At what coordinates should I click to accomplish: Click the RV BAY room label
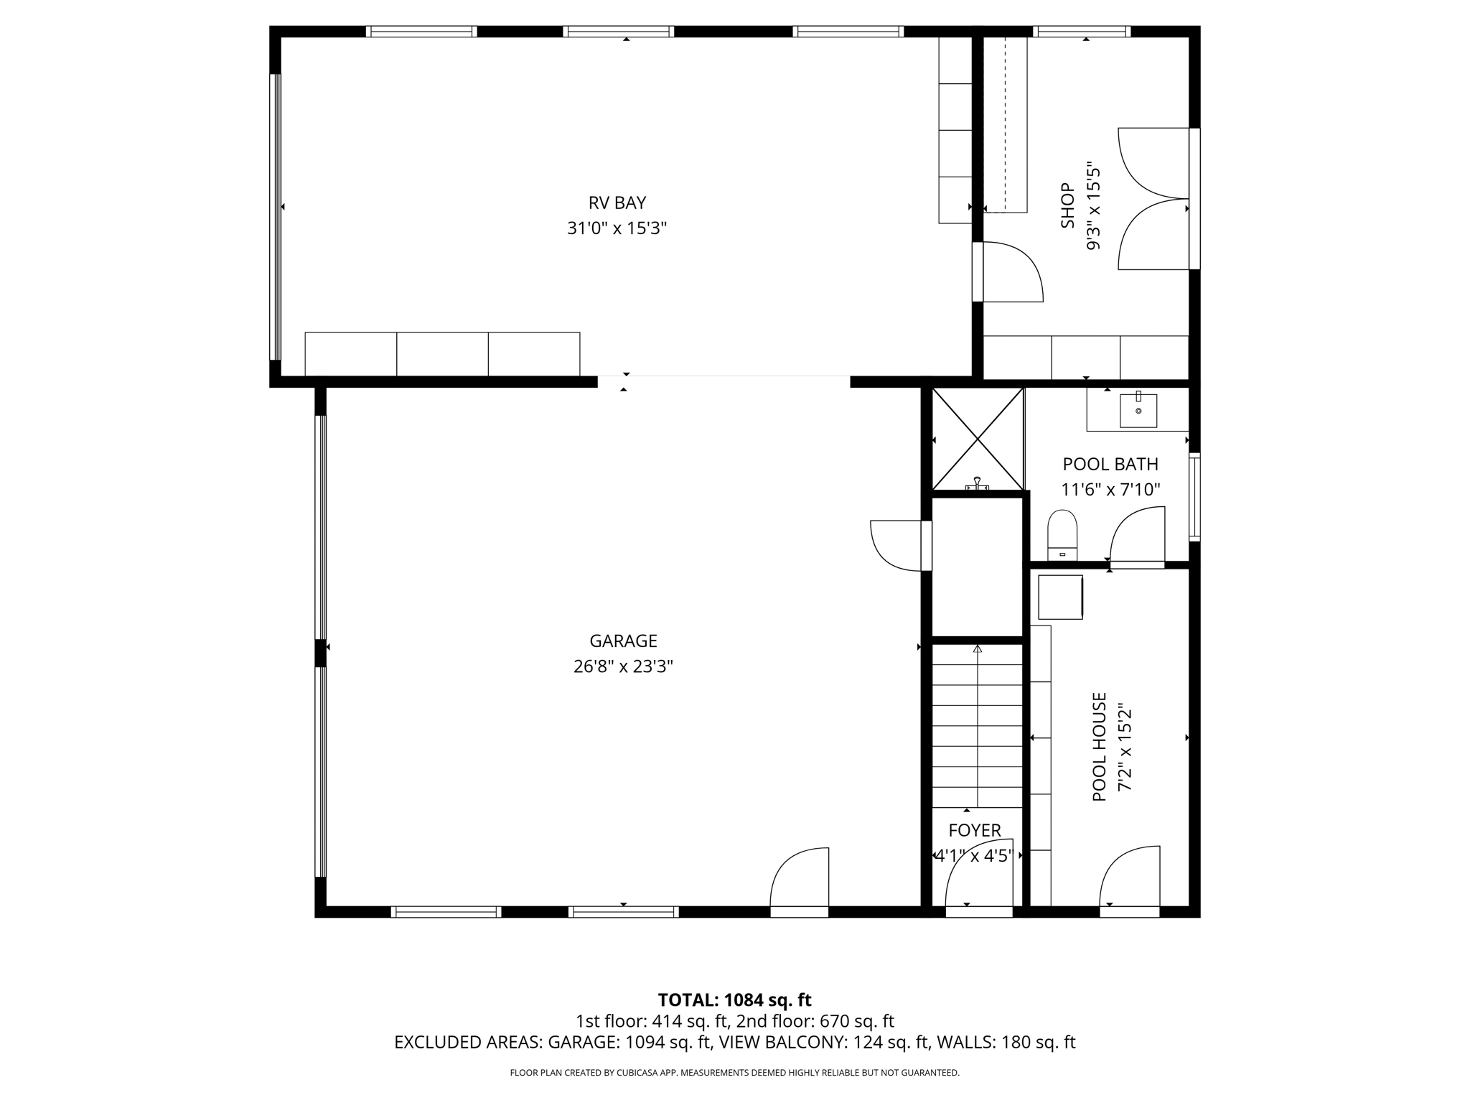617,203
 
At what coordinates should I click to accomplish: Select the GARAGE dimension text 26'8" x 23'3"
623,666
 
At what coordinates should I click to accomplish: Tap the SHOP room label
1068,205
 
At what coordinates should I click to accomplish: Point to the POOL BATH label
1110,464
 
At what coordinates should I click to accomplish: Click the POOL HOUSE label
1099,747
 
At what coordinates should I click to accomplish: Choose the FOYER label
975,830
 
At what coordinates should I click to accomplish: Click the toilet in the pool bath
1062,535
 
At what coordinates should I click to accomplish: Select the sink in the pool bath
1138,410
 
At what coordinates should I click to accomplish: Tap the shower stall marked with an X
978,439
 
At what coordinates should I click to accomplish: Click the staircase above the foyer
977,725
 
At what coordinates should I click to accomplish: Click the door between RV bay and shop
1008,271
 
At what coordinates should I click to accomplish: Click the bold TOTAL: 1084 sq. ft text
734,1000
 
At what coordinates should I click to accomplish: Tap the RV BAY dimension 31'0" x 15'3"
617,228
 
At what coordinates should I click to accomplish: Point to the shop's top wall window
1082,32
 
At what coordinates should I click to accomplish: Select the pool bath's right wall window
1194,497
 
